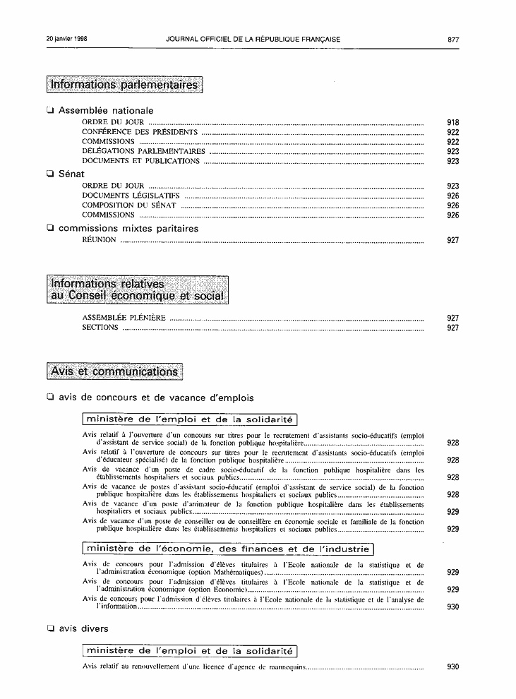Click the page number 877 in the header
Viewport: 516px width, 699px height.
(453, 40)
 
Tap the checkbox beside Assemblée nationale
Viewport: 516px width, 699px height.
(49, 110)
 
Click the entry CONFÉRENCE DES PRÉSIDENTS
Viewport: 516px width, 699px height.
(140, 132)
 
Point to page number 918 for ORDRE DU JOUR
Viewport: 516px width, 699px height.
(453, 122)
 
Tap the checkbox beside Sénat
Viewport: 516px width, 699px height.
(49, 174)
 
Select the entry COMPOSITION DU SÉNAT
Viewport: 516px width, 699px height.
(129, 205)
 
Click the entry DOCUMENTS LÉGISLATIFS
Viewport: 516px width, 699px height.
(131, 196)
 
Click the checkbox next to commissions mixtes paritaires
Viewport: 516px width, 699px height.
(49, 228)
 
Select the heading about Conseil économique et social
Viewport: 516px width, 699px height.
(138, 289)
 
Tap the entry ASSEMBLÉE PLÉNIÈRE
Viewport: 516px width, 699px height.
(124, 318)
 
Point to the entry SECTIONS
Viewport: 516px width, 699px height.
(100, 328)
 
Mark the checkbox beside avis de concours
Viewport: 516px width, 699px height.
(49, 398)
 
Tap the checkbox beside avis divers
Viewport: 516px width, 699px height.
(49, 628)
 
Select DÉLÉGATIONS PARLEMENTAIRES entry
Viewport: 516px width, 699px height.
(143, 151)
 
